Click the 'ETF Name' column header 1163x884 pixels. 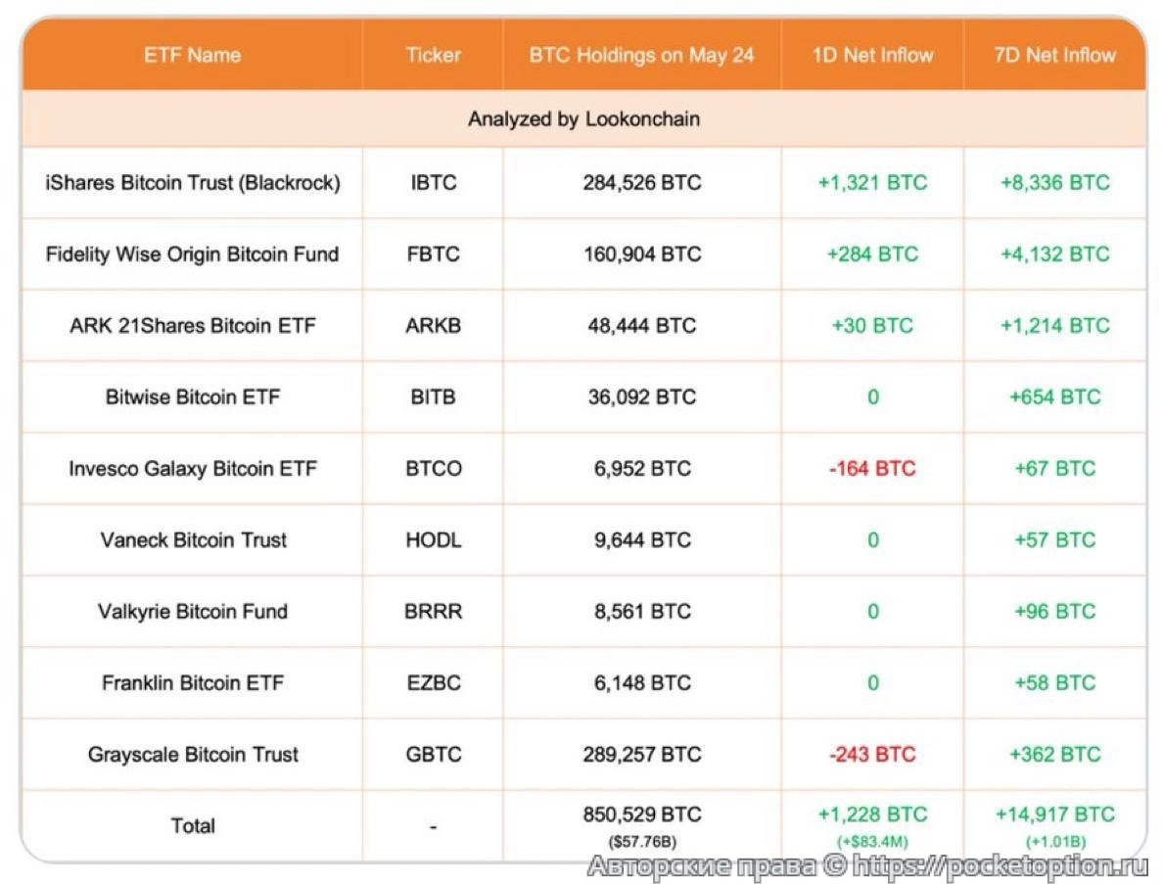[192, 55]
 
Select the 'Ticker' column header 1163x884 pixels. [433, 55]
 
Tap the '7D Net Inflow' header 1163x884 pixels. [1054, 55]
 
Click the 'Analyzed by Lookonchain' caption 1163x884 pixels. [583, 119]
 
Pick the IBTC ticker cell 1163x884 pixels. [433, 183]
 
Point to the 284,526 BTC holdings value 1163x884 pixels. [642, 183]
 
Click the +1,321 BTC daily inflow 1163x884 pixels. [872, 183]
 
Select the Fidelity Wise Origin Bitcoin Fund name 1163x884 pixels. [192, 255]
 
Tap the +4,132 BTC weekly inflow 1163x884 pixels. [1054, 255]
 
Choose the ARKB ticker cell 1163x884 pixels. [433, 326]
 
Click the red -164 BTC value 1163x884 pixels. [872, 469]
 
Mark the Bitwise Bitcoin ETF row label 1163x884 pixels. [192, 397]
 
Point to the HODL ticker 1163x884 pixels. [433, 540]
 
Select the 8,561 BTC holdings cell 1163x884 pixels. [642, 612]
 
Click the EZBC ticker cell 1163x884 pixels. [433, 683]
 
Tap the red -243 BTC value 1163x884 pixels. [872, 755]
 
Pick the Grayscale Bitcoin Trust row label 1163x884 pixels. [192, 755]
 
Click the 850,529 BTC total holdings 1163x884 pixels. [642, 815]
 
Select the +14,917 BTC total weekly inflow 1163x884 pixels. [1054, 815]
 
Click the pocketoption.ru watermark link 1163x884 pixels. [999, 866]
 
